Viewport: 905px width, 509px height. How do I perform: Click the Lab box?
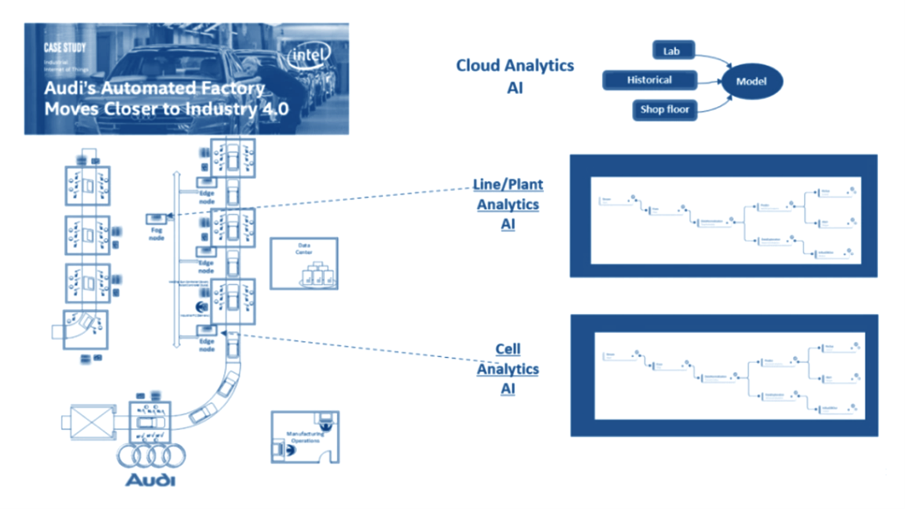[673, 50]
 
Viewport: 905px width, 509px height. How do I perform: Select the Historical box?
[649, 80]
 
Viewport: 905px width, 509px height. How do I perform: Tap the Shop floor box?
[665, 110]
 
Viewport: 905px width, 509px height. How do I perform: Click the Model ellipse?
[751, 81]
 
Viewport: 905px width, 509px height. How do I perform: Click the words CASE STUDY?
[65, 48]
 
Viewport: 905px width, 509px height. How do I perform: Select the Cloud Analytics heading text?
[515, 66]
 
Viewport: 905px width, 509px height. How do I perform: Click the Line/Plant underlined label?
[508, 185]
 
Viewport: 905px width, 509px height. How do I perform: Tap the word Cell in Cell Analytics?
[508, 349]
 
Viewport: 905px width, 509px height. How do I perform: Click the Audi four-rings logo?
[151, 456]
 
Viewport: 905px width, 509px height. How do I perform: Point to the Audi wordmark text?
[151, 481]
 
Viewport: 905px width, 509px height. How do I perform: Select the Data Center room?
[304, 264]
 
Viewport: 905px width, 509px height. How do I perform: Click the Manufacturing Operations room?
[305, 437]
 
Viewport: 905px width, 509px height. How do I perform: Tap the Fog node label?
[157, 234]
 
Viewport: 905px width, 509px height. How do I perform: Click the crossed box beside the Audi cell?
[90, 422]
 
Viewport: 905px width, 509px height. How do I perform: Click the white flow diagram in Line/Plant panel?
[725, 220]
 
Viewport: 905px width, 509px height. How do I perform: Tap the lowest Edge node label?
[207, 345]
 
